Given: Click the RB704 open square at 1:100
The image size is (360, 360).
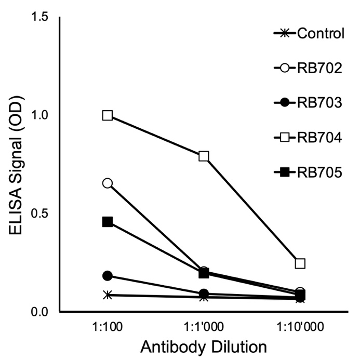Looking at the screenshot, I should (108, 115).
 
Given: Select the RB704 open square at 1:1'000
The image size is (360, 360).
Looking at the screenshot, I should (204, 156).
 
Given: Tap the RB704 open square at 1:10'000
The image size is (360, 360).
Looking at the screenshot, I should (300, 263).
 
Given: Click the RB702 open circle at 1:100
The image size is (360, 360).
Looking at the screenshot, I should (108, 183).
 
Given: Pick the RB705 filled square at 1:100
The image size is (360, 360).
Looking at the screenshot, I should (108, 222).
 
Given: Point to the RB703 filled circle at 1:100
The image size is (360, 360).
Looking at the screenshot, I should (108, 275).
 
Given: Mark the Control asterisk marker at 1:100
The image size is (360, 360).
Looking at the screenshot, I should (108, 295).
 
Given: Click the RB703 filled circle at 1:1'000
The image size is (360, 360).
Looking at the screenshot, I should (204, 294).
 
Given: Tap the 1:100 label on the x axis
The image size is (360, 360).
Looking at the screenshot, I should (108, 328).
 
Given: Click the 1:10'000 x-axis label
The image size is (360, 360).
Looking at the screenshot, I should (300, 328).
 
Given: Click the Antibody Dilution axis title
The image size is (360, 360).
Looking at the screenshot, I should (203, 347).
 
